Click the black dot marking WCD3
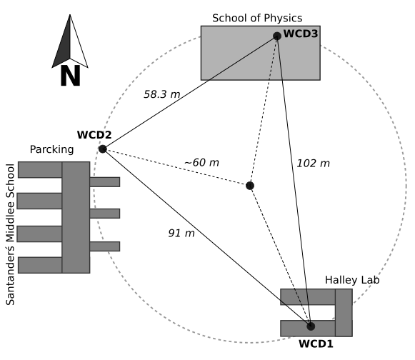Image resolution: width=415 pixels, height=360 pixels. coord(277,36)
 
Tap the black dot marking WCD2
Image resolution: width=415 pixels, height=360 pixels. coord(103,149)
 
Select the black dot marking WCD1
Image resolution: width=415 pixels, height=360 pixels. coord(311,326)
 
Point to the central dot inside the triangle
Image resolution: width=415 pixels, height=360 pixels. coord(250,186)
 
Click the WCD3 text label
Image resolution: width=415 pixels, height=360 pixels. coord(301,34)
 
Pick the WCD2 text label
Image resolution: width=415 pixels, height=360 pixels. coord(94,134)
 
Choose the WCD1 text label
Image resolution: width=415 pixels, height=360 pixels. coord(316,344)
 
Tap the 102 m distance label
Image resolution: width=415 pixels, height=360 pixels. coord(313,164)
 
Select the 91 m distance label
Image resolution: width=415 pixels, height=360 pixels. coord(181,233)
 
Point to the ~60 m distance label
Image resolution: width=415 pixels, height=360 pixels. coord(201,162)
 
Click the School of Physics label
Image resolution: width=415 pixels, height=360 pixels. coord(258,17)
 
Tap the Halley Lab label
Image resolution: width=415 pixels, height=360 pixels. coord(352,279)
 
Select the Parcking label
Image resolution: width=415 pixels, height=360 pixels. coord(52,149)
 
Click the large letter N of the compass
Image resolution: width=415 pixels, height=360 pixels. coord(70,76)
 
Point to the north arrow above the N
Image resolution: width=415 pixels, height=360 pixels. coord(70,43)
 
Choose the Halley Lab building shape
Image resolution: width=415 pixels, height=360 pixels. coord(343,312)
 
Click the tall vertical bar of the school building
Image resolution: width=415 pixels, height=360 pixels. coord(76,217)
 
